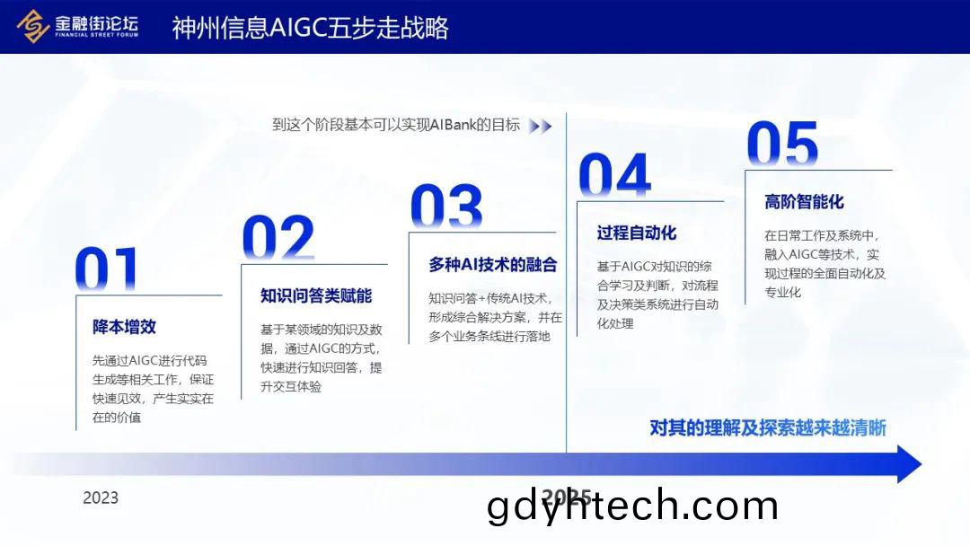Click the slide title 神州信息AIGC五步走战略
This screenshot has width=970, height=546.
tap(310, 28)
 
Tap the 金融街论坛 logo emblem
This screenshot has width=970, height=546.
tap(33, 26)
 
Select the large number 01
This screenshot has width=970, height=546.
tap(106, 269)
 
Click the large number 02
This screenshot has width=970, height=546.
tap(278, 237)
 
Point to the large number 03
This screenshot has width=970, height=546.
tap(446, 206)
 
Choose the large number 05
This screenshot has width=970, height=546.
tap(782, 144)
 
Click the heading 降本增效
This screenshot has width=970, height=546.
tap(124, 327)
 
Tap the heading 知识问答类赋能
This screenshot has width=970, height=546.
tap(316, 295)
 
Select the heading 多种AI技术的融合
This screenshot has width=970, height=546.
tap(493, 265)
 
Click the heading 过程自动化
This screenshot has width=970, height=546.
tap(637, 233)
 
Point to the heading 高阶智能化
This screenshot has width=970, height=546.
tap(804, 201)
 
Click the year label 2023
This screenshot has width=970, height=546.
tap(101, 498)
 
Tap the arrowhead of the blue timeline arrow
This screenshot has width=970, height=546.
tap(909, 463)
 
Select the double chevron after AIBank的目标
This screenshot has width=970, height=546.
tap(540, 126)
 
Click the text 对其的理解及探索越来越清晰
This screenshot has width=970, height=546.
tap(768, 427)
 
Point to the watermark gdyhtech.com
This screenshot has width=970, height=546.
tap(632, 506)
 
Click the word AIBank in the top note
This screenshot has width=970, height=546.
tap(453, 125)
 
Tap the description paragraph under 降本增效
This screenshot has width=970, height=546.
tap(153, 389)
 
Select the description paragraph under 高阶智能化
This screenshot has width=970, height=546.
tap(825, 263)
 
